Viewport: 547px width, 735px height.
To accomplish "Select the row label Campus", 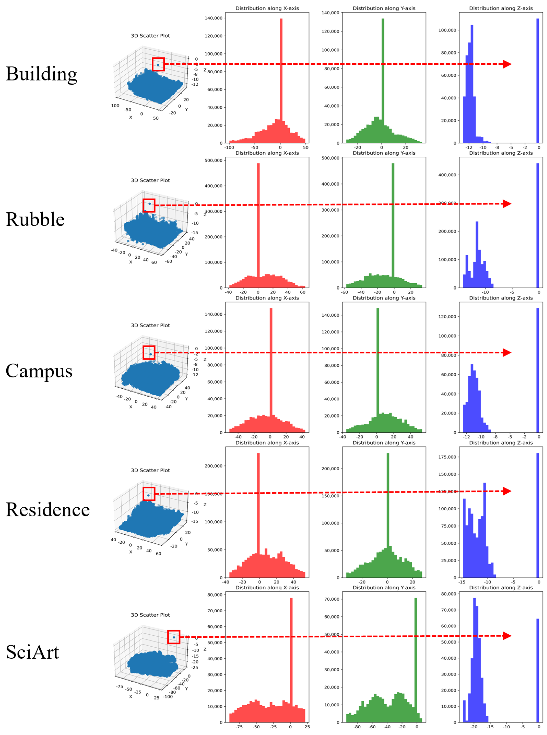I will point(39,371).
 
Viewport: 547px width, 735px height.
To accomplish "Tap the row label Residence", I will point(48,509).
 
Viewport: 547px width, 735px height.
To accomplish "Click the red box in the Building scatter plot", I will point(158,64).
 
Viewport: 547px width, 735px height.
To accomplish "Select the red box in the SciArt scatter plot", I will point(174,637).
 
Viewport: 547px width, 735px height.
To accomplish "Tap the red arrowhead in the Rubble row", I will point(507,204).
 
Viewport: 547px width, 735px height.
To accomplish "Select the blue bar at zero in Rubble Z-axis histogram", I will point(538,225).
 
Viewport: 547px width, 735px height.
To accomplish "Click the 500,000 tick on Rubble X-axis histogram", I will point(213,160).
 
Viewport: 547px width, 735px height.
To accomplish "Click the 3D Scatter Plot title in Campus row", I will point(150,325).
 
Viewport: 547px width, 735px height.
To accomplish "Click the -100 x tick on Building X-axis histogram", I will point(229,148).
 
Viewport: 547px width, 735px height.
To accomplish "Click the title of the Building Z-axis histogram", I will point(501,8).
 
